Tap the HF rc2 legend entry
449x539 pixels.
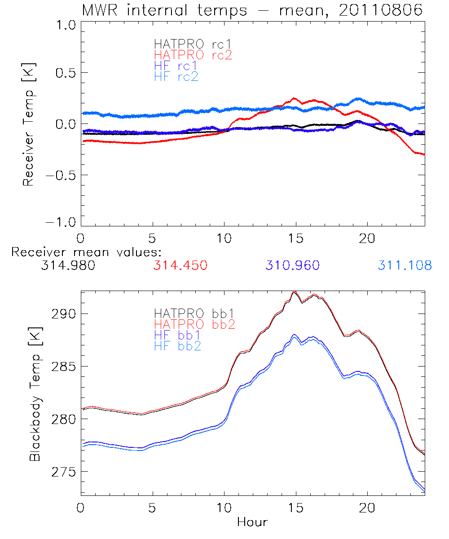tap(176, 76)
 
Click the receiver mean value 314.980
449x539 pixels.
tap(68, 265)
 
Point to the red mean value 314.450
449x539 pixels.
tap(180, 265)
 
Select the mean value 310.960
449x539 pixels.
tap(292, 265)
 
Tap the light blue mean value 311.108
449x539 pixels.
tap(405, 265)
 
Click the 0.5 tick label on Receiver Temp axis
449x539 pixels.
tap(64, 73)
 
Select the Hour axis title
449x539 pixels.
tap(252, 522)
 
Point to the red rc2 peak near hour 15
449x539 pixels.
tap(294, 98)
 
